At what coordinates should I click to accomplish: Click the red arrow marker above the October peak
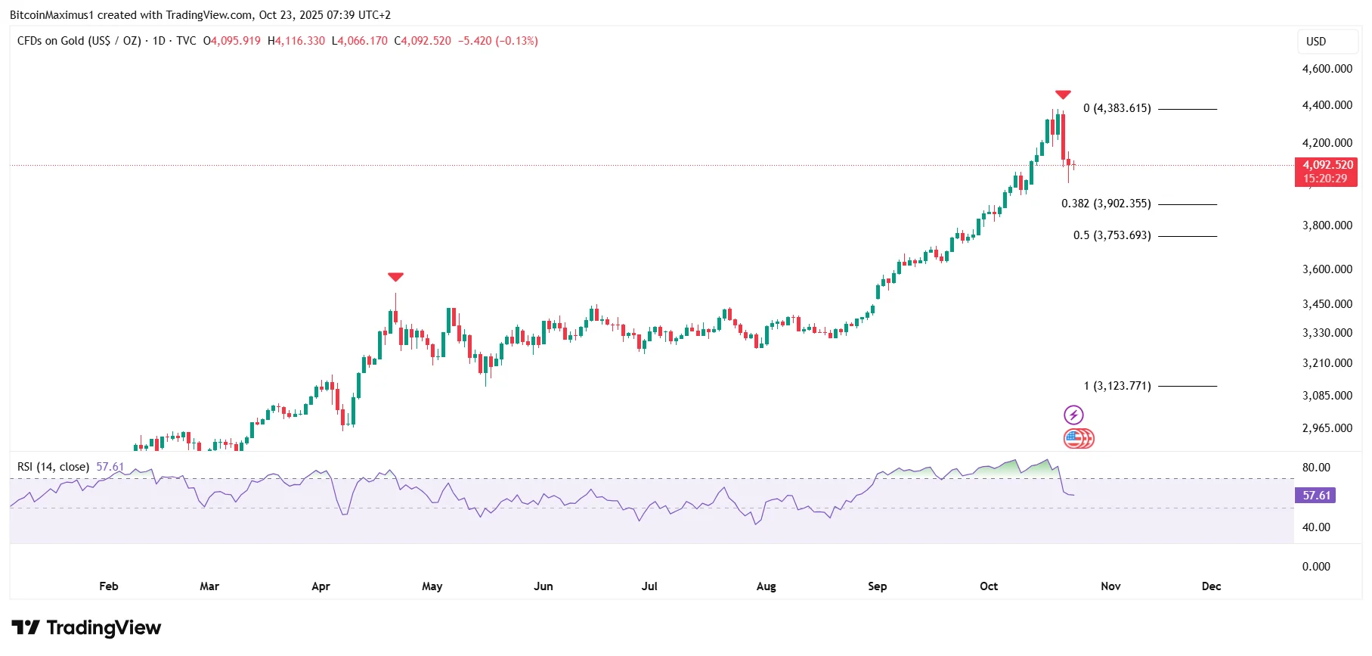point(1063,95)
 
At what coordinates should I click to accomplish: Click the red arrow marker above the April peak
point(395,277)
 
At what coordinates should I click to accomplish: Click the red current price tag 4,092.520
point(1326,172)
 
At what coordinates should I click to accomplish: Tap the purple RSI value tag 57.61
point(1315,496)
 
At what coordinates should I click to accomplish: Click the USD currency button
point(1316,42)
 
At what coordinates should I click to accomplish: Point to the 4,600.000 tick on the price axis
point(1327,69)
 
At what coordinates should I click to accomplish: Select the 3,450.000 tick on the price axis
point(1327,304)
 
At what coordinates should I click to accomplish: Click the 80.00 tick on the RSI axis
point(1316,468)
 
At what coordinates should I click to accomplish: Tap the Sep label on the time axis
point(877,586)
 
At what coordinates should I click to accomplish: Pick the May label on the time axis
point(432,586)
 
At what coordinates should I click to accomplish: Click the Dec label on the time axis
point(1211,586)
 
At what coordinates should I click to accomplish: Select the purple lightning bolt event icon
point(1073,415)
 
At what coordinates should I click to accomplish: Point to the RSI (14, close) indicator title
point(53,467)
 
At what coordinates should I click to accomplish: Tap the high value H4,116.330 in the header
point(296,41)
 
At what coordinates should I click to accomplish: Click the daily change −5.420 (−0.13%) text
point(498,41)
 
